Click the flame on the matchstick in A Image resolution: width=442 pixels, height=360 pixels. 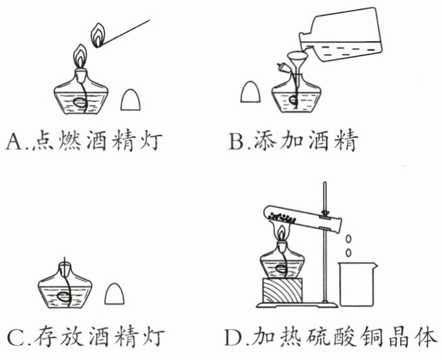click(x=98, y=35)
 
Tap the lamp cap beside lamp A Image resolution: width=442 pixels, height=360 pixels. click(x=130, y=100)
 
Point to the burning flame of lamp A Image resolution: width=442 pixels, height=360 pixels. click(x=80, y=57)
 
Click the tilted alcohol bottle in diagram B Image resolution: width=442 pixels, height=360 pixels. click(x=342, y=35)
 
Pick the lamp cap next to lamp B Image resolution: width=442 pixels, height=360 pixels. click(x=251, y=92)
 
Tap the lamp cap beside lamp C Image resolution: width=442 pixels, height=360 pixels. click(x=114, y=294)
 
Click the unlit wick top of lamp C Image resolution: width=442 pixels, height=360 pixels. click(x=64, y=260)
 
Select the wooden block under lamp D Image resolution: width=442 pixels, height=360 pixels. click(x=282, y=291)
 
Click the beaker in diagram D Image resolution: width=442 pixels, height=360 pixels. click(x=358, y=284)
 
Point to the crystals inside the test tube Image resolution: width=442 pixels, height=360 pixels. click(x=282, y=217)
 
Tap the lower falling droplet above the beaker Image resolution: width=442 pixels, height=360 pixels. click(x=349, y=253)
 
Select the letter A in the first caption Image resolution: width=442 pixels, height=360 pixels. click(x=14, y=141)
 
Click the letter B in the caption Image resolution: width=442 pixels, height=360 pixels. click(x=236, y=141)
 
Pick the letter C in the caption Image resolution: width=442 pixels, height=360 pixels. click(x=15, y=337)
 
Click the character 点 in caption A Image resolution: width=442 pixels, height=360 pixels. click(x=42, y=140)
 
